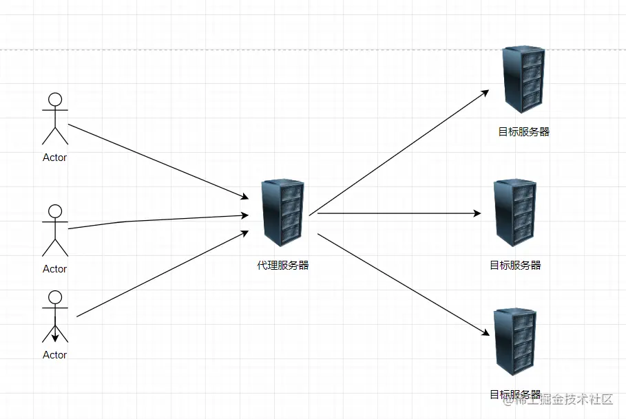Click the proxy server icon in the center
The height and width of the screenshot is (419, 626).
point(283,214)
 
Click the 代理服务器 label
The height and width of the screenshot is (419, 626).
point(283,265)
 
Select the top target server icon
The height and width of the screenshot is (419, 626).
point(523,80)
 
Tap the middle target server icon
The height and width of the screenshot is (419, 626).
point(516,213)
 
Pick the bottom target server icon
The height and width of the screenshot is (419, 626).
point(516,343)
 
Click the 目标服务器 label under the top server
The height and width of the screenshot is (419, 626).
point(523,132)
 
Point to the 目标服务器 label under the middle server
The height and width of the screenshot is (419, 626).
point(515,265)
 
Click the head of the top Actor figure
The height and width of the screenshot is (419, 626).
point(55,99)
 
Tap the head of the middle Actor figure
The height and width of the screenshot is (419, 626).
point(55,211)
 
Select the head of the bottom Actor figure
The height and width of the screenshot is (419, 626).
point(55,297)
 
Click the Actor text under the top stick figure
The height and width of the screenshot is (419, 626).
point(55,158)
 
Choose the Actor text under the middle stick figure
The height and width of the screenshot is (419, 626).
point(55,269)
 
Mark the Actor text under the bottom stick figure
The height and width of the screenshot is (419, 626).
point(55,355)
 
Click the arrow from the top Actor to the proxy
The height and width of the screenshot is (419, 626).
point(158,162)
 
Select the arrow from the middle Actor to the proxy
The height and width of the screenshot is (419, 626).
point(158,219)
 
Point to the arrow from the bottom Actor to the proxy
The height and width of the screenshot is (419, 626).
point(163,273)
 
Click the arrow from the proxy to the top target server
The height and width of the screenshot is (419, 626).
point(399,152)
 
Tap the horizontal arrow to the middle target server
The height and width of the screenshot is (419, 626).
point(399,213)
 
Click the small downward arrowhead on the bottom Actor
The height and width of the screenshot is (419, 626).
point(55,337)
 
